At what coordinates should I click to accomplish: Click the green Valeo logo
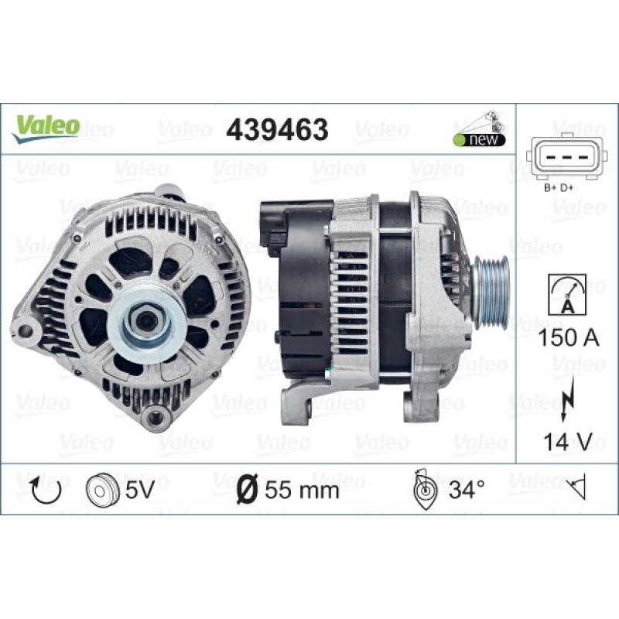(x=46, y=128)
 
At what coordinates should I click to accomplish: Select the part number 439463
(x=277, y=129)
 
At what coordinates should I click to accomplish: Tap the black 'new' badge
(x=479, y=140)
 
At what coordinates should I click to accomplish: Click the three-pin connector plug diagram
(x=566, y=157)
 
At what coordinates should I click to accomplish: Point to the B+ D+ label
(x=559, y=188)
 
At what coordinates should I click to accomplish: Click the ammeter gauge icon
(x=567, y=295)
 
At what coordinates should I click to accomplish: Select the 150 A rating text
(x=568, y=338)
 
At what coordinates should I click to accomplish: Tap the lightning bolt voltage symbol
(x=566, y=399)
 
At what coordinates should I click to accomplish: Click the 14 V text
(x=568, y=441)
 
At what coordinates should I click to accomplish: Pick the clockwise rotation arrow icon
(x=46, y=490)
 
